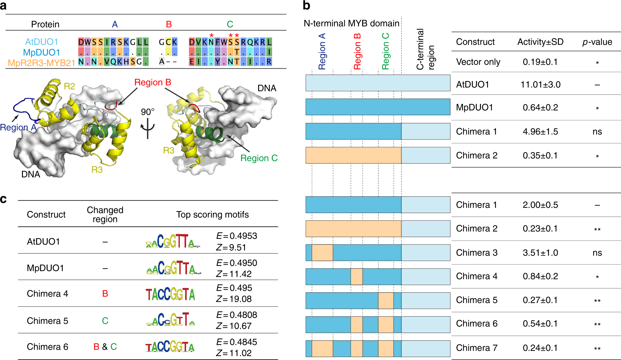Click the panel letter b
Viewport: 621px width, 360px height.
tap(306, 6)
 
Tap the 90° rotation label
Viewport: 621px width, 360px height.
tap(148, 112)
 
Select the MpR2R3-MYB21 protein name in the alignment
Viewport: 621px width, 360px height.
tap(41, 63)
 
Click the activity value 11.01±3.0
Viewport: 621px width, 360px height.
tap(540, 84)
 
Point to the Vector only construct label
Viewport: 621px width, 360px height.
tap(478, 62)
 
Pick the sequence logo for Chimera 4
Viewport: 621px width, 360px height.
tap(170, 294)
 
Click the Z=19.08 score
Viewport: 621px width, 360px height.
tap(234, 299)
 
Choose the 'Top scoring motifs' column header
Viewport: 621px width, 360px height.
tap(212, 214)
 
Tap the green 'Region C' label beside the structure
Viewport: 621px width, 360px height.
tap(259, 158)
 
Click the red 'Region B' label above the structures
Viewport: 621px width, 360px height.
tap(153, 82)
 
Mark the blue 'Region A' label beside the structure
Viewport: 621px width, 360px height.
tap(18, 127)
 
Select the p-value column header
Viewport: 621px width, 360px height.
tap(597, 42)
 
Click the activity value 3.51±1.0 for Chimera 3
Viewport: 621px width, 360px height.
tap(540, 253)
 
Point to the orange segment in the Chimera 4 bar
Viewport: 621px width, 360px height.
tap(357, 276)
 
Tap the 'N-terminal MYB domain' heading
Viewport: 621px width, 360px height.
tap(351, 23)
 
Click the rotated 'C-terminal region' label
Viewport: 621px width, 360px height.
tap(425, 49)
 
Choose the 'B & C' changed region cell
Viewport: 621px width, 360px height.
tap(105, 347)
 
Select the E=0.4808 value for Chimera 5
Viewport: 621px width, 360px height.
tap(237, 315)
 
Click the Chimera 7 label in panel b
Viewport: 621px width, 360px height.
tap(477, 348)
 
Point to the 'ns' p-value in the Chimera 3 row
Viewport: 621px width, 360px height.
tap(597, 253)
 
